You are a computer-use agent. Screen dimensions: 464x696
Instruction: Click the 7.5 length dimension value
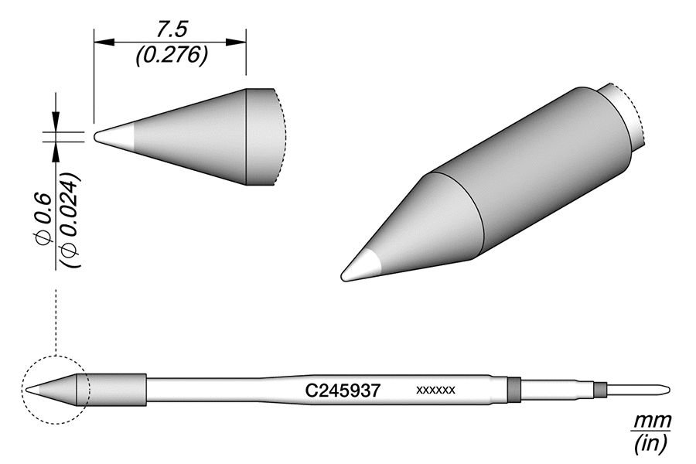[x=169, y=30]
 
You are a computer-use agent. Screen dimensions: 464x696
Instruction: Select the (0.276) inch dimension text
[x=169, y=56]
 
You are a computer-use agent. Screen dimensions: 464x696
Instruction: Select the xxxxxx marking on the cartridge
[x=436, y=391]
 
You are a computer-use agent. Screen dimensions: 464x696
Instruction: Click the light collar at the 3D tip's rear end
[x=625, y=116]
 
